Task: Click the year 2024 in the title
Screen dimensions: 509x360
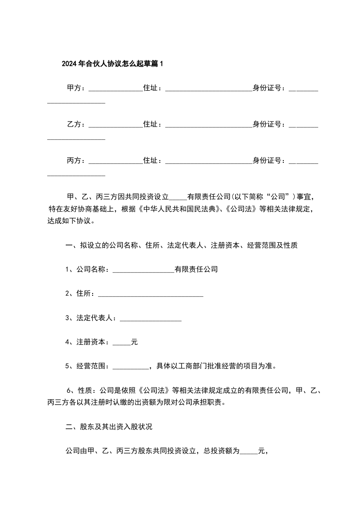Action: pyautogui.click(x=69, y=64)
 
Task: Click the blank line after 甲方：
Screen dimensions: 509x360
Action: pyautogui.click(x=115, y=89)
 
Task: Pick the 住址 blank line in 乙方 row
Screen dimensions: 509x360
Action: pyautogui.click(x=208, y=125)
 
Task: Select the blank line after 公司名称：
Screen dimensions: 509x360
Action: pyautogui.click(x=143, y=270)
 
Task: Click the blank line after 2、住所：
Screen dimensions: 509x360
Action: pyautogui.click(x=150, y=295)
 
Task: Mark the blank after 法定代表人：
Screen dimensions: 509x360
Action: pyautogui.click(x=150, y=319)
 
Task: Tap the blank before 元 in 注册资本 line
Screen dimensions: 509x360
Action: pyautogui.click(x=121, y=343)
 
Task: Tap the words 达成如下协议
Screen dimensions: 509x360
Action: pyautogui.click(x=70, y=222)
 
